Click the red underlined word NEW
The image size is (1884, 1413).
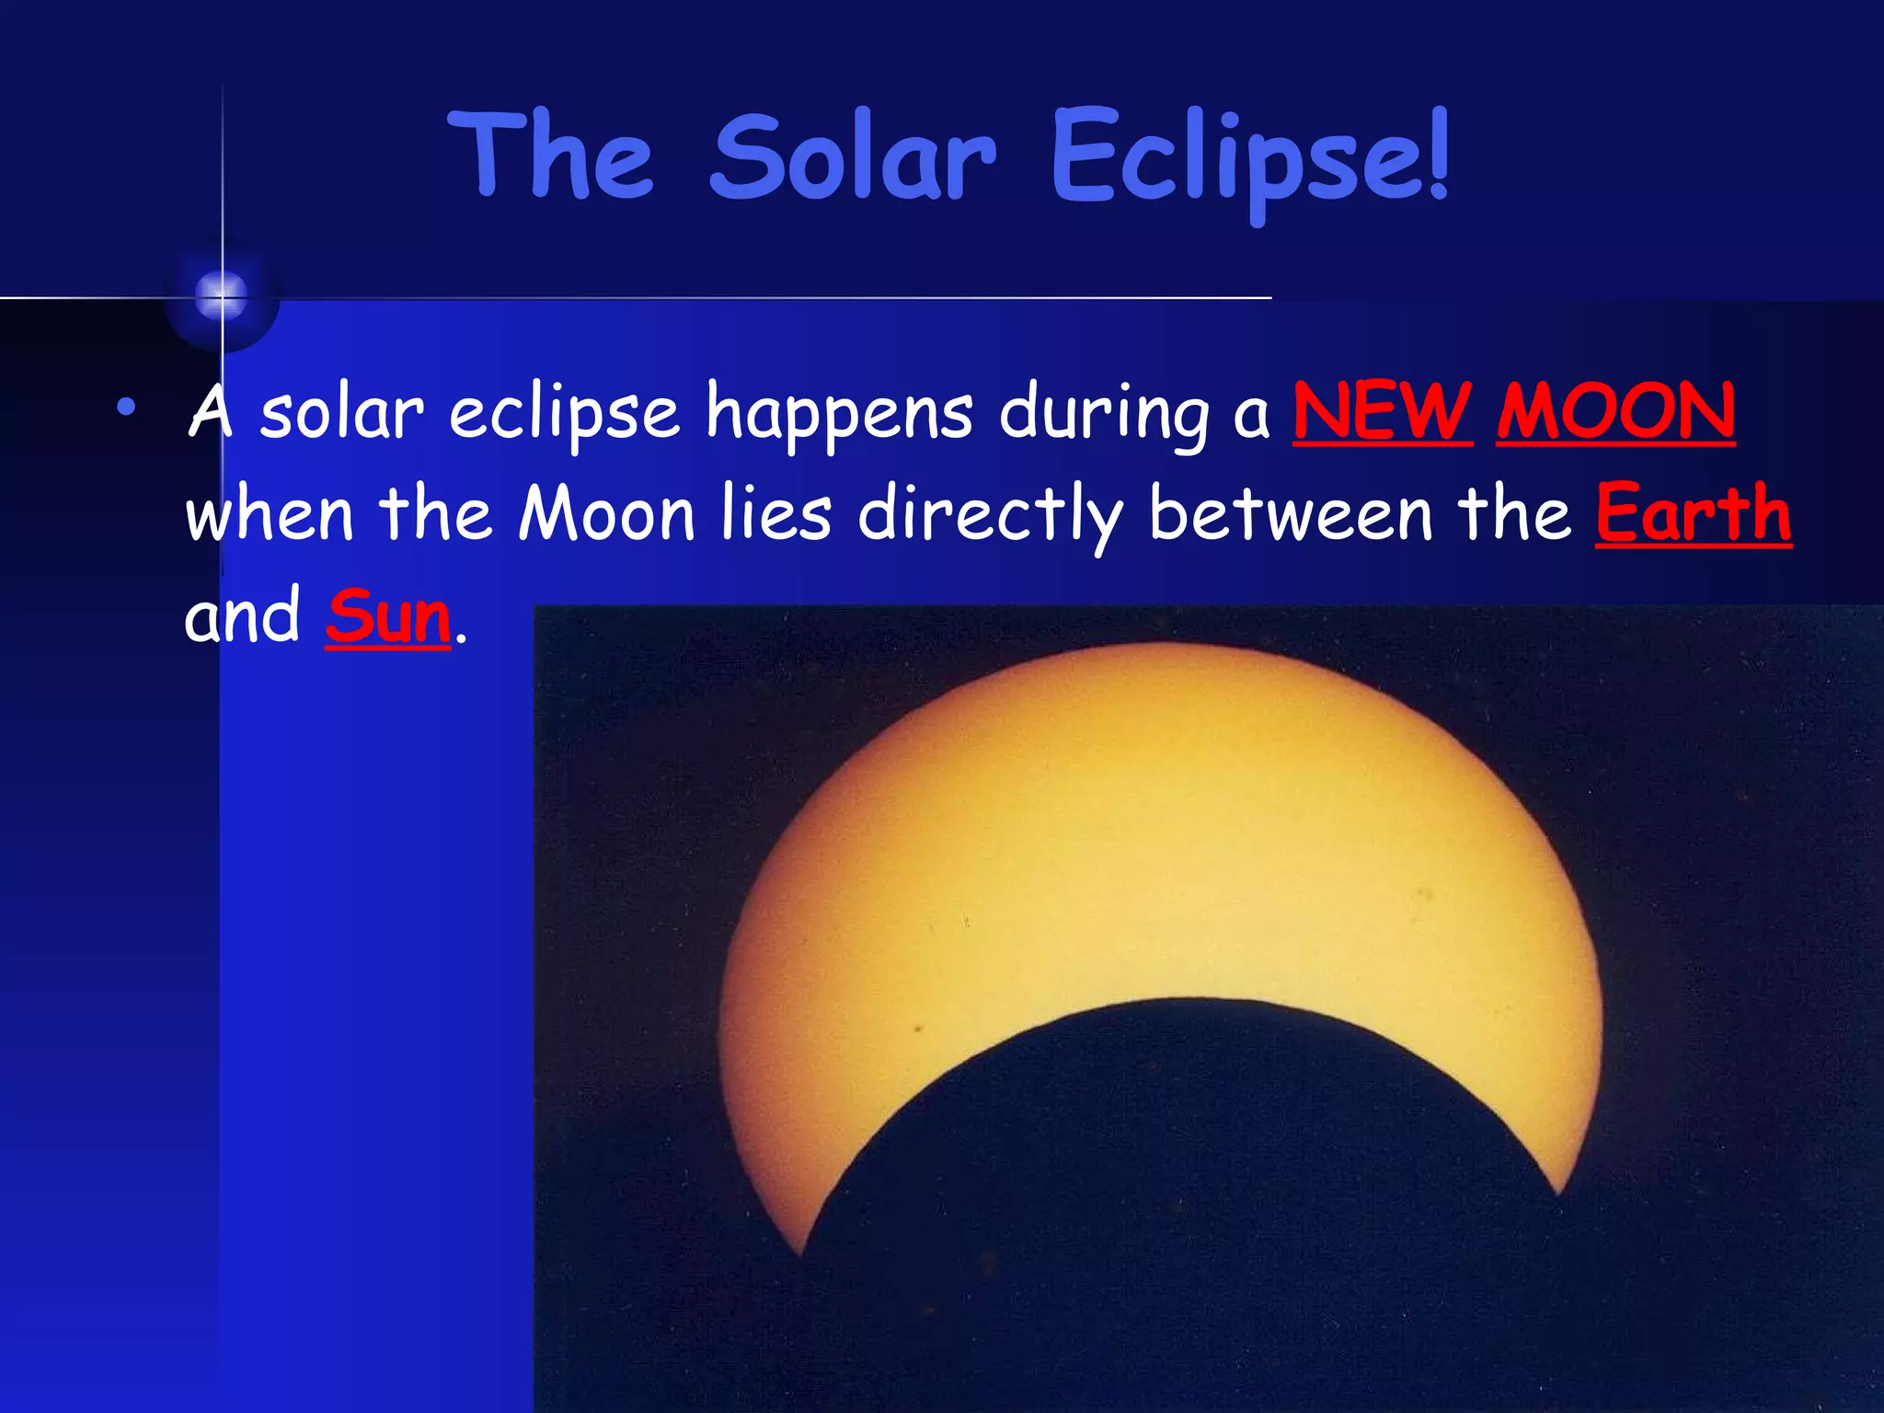[1382, 411]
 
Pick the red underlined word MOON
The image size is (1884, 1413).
[1615, 411]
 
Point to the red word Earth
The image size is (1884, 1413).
[1693, 513]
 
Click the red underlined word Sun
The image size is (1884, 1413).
[387, 616]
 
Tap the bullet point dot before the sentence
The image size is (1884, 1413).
[126, 406]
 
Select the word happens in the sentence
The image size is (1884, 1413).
[838, 414]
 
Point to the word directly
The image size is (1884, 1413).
[990, 515]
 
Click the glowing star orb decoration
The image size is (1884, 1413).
[222, 296]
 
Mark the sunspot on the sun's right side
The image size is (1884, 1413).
[1427, 892]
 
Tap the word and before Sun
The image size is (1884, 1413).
[242, 616]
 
